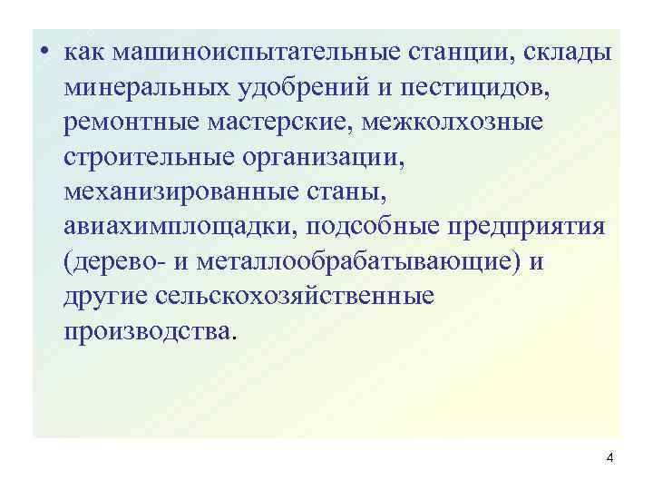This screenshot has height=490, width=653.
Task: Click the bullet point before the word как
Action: coord(44,54)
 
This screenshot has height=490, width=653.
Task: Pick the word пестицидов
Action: coord(452,89)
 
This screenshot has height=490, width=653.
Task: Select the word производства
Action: coord(147,331)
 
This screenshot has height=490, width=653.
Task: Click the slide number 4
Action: coord(609,458)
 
